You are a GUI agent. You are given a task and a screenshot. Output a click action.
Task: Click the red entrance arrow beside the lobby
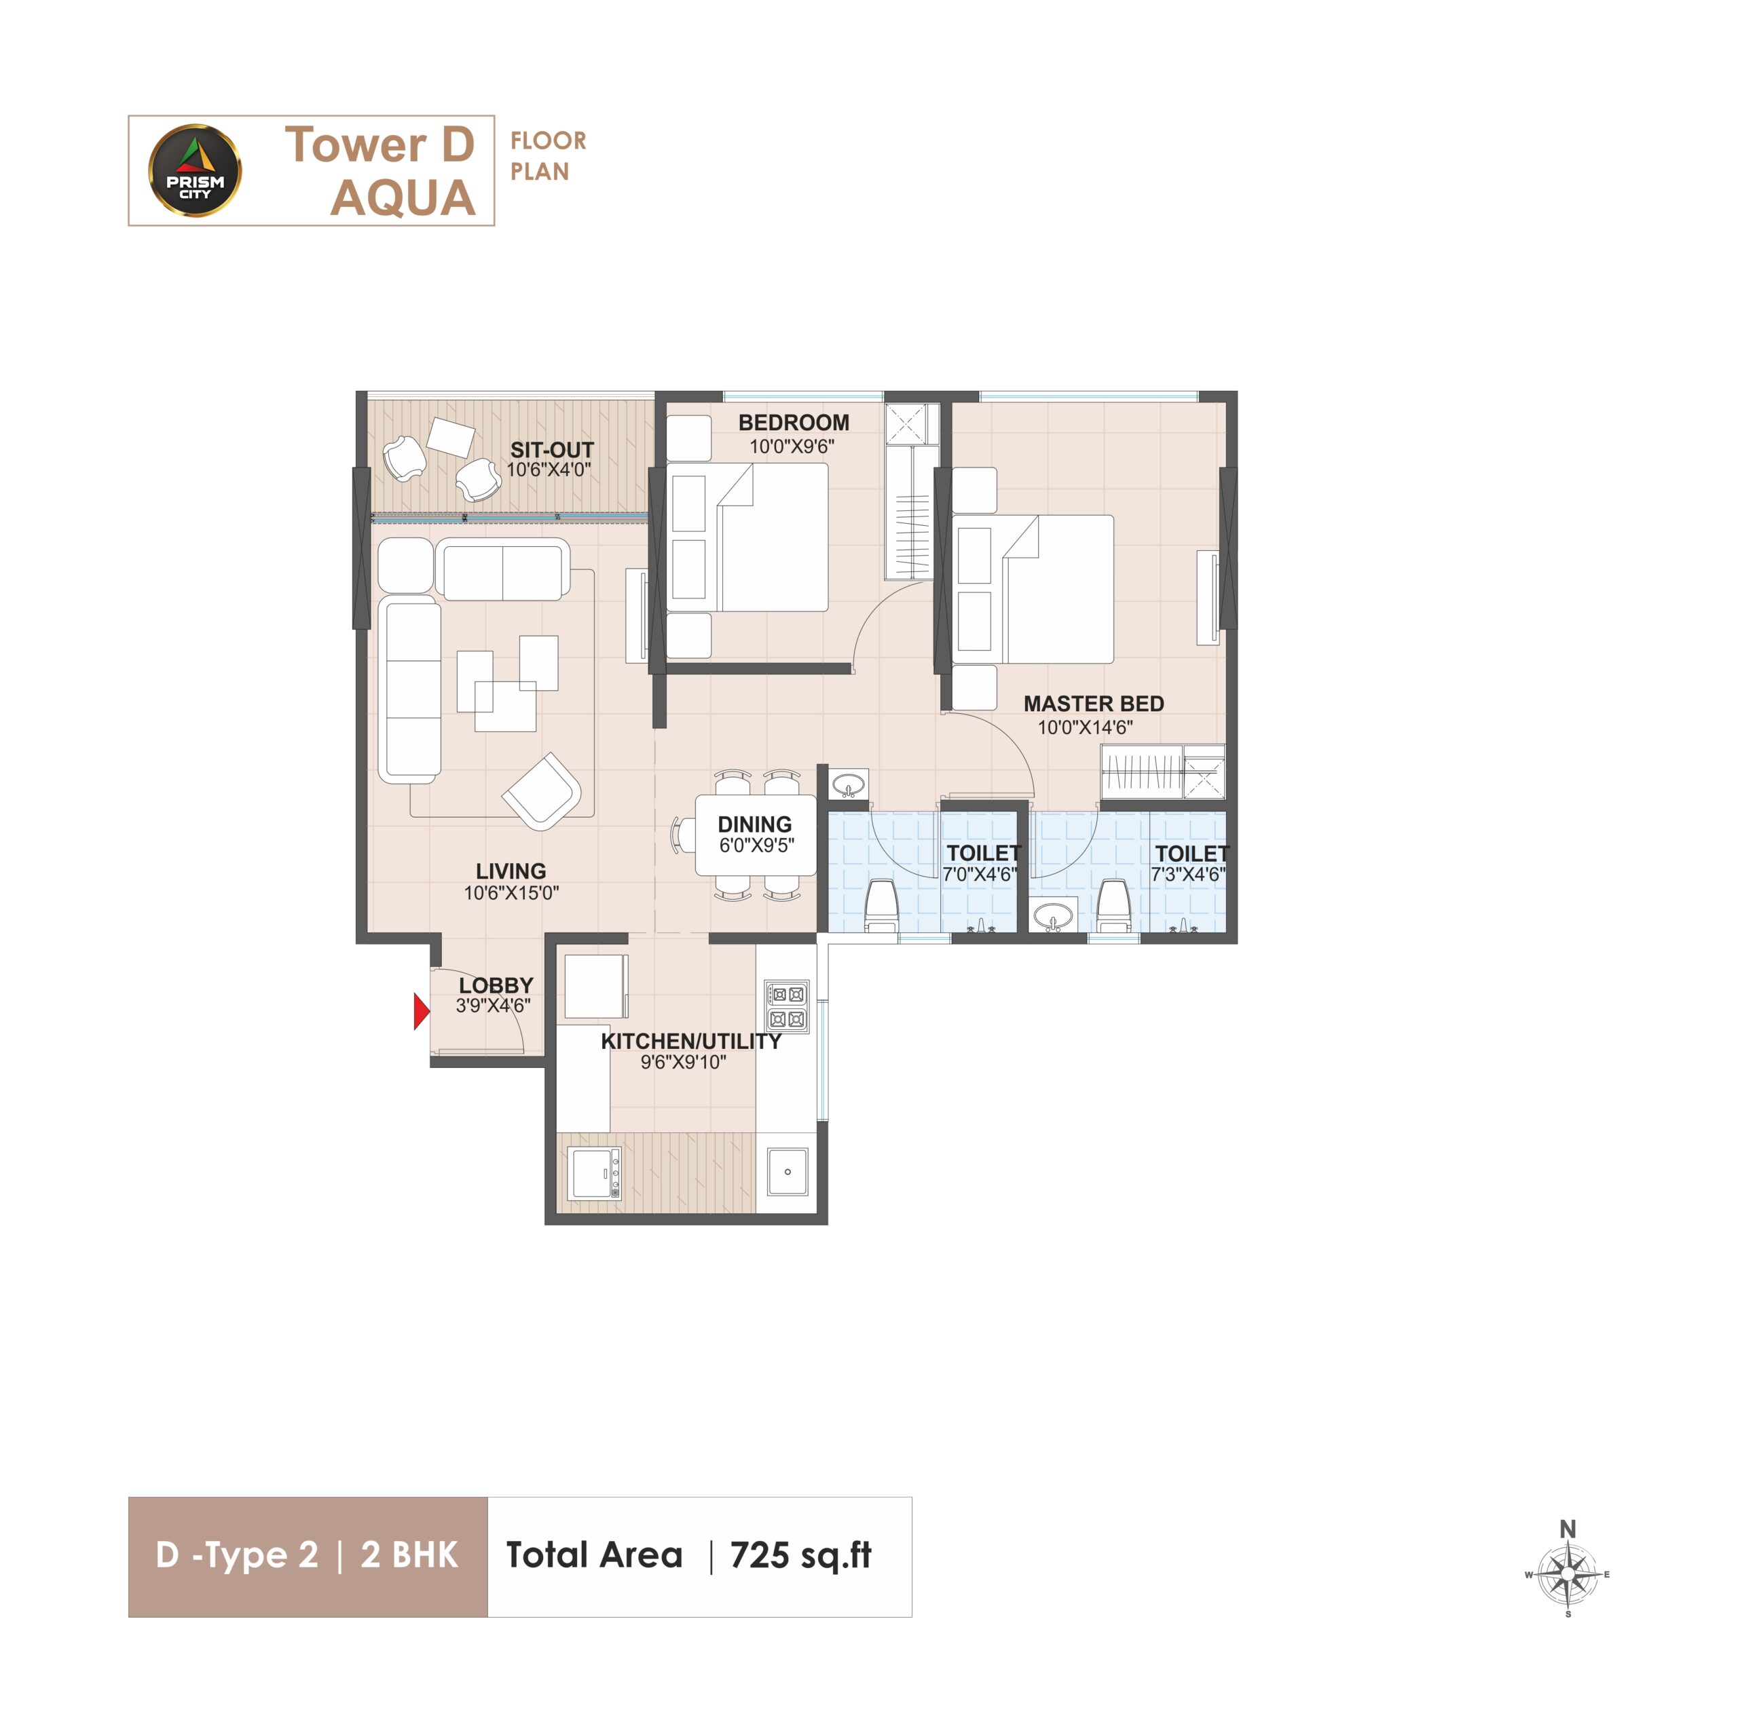click(421, 1012)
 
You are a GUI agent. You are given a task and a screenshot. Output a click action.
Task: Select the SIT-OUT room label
click(551, 450)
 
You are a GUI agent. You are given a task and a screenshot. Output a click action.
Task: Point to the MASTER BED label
click(1093, 703)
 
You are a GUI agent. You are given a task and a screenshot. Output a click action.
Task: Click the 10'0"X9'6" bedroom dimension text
click(792, 446)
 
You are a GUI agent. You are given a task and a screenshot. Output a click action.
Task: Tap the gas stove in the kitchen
click(787, 1006)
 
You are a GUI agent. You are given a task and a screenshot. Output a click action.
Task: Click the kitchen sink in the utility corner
click(787, 1171)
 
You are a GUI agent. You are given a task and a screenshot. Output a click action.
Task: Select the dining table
click(756, 835)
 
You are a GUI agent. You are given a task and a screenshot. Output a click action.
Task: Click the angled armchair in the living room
click(542, 791)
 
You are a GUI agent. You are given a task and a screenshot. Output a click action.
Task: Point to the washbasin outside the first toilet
click(847, 784)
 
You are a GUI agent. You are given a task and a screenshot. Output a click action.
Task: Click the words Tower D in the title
click(380, 145)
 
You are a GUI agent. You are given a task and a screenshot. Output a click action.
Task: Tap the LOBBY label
click(496, 985)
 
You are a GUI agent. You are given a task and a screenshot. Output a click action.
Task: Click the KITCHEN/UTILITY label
click(691, 1042)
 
